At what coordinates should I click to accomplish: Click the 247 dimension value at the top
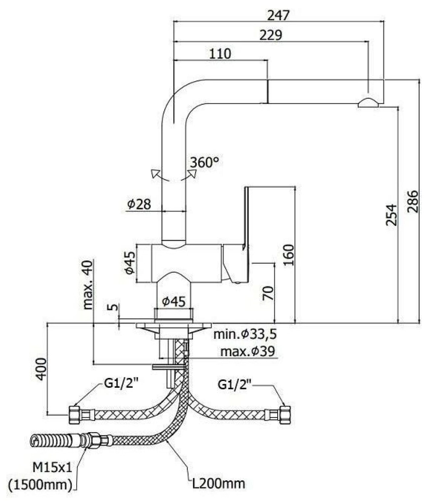point(278,15)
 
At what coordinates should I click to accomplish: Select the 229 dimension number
point(271,35)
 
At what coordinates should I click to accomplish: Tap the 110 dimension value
point(220,54)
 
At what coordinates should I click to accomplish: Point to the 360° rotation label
point(204,162)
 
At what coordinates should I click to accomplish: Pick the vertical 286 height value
point(413,201)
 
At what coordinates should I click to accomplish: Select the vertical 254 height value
point(391,215)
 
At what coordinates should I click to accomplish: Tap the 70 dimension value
point(268,293)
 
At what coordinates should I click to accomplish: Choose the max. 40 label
point(88,285)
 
